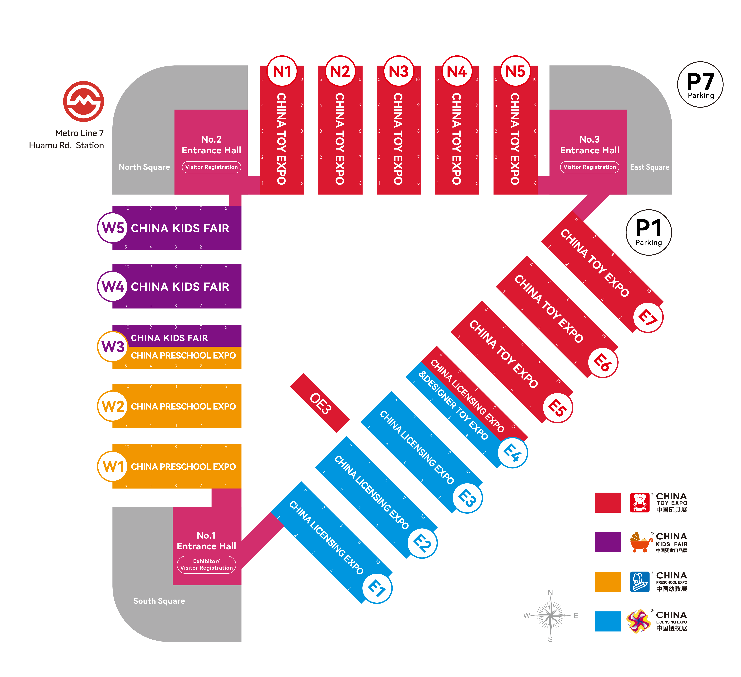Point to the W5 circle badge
tap(113, 228)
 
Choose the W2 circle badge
tap(113, 406)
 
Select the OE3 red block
tap(320, 403)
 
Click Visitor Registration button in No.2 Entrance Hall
tap(211, 167)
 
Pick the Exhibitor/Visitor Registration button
tap(206, 564)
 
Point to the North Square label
tap(144, 167)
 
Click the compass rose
tap(550, 615)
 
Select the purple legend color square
tap(608, 542)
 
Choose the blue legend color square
tap(608, 621)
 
